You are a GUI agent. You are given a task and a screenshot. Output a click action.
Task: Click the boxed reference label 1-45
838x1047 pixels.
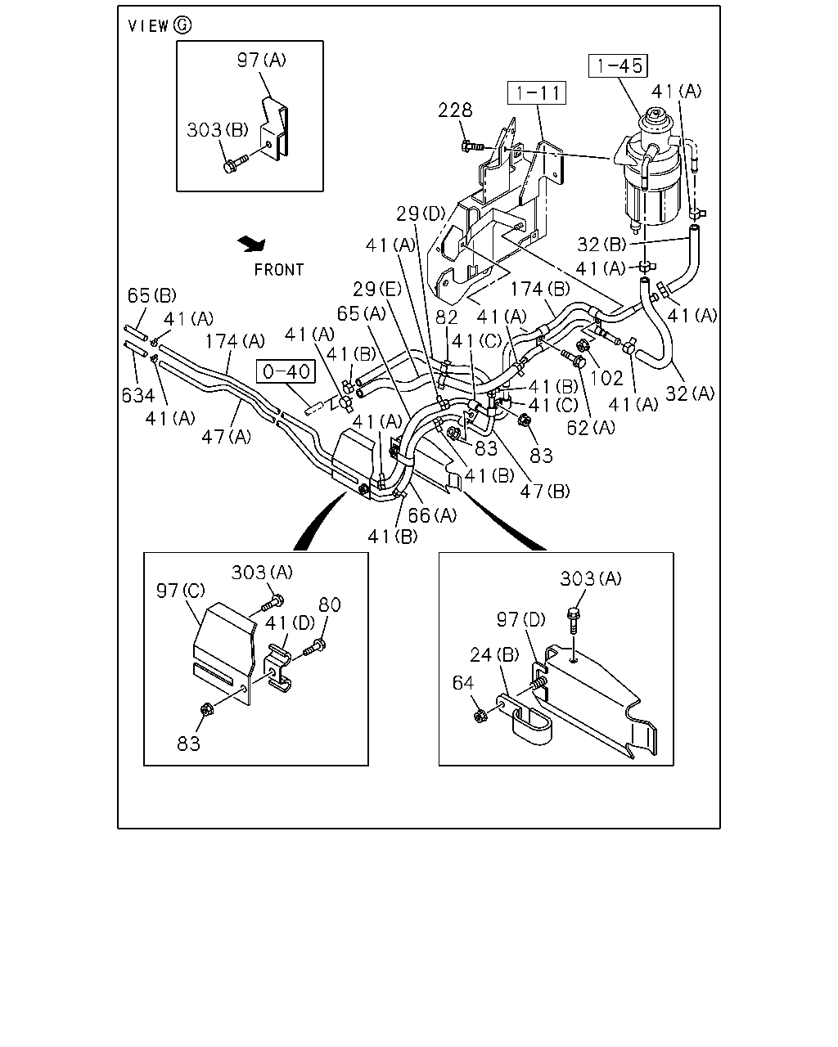(618, 65)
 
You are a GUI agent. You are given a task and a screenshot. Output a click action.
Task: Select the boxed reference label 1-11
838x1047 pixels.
(537, 92)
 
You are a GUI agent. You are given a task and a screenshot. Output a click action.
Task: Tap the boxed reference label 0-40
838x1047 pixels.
(286, 371)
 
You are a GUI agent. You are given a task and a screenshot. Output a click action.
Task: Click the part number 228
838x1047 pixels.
(455, 110)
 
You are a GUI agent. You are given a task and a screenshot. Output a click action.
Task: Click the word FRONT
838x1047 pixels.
(279, 270)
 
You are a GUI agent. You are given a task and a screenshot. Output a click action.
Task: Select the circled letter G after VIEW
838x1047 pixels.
(182, 25)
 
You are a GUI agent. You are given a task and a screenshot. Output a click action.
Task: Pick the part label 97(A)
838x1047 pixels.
(262, 61)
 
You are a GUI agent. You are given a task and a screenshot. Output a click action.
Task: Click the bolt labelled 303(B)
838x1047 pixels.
(235, 163)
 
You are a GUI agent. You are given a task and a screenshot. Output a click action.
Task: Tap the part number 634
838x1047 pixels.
(138, 396)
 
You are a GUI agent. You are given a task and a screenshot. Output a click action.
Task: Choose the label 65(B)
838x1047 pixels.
(152, 295)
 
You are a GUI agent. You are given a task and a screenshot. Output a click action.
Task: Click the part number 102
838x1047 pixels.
(606, 378)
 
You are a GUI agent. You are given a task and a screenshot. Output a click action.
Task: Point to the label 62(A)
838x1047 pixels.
(591, 428)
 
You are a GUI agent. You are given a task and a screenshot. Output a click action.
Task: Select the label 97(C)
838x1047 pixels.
(181, 591)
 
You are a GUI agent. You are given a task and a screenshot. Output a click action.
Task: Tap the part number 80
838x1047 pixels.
(330, 604)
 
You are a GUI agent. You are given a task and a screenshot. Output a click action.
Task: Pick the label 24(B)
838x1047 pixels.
(495, 655)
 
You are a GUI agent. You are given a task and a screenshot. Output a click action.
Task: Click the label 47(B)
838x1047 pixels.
(545, 492)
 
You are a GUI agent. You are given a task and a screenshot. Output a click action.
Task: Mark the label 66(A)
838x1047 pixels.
(432, 515)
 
